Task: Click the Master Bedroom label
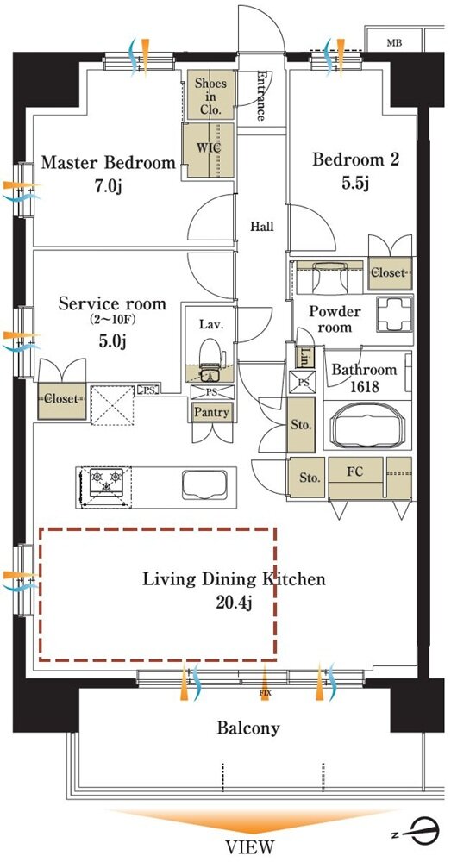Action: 109,163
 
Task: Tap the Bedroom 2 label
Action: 355,160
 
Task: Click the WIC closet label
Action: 209,148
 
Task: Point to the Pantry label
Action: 212,412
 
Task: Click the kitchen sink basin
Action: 204,484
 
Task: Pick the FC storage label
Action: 354,472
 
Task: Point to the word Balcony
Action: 248,728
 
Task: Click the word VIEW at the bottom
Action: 249,846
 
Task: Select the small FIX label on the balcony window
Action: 265,693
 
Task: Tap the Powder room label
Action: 335,320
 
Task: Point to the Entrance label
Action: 260,96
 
